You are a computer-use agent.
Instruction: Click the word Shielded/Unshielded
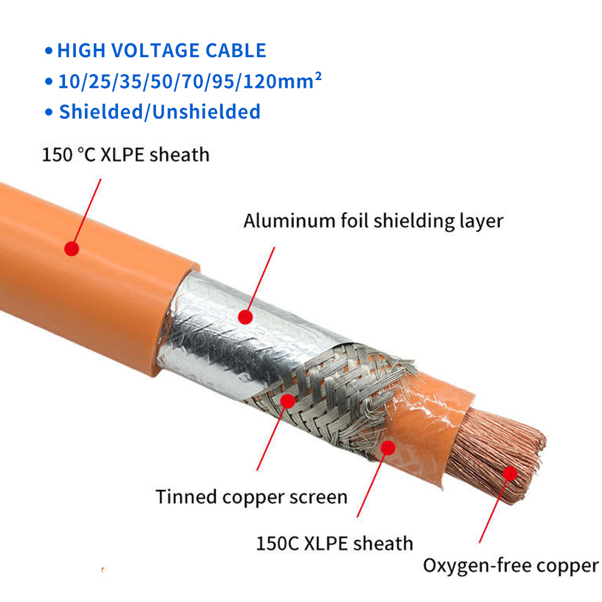coord(160,111)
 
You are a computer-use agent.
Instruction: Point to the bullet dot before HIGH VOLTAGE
coord(49,51)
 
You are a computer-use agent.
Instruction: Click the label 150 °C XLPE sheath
coord(125,155)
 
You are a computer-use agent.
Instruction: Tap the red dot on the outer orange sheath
coord(72,248)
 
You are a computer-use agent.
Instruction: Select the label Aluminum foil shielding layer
coord(373,221)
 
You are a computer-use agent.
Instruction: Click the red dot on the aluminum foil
coord(244,315)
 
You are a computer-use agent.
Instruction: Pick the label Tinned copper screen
coord(252,497)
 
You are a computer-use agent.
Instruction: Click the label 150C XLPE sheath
coord(335,544)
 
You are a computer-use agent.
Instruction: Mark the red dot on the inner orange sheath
coord(388,447)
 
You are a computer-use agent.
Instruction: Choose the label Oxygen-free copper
coord(510,566)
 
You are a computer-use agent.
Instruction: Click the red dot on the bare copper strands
coord(510,474)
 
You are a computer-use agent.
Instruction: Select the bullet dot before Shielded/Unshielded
coord(49,113)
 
